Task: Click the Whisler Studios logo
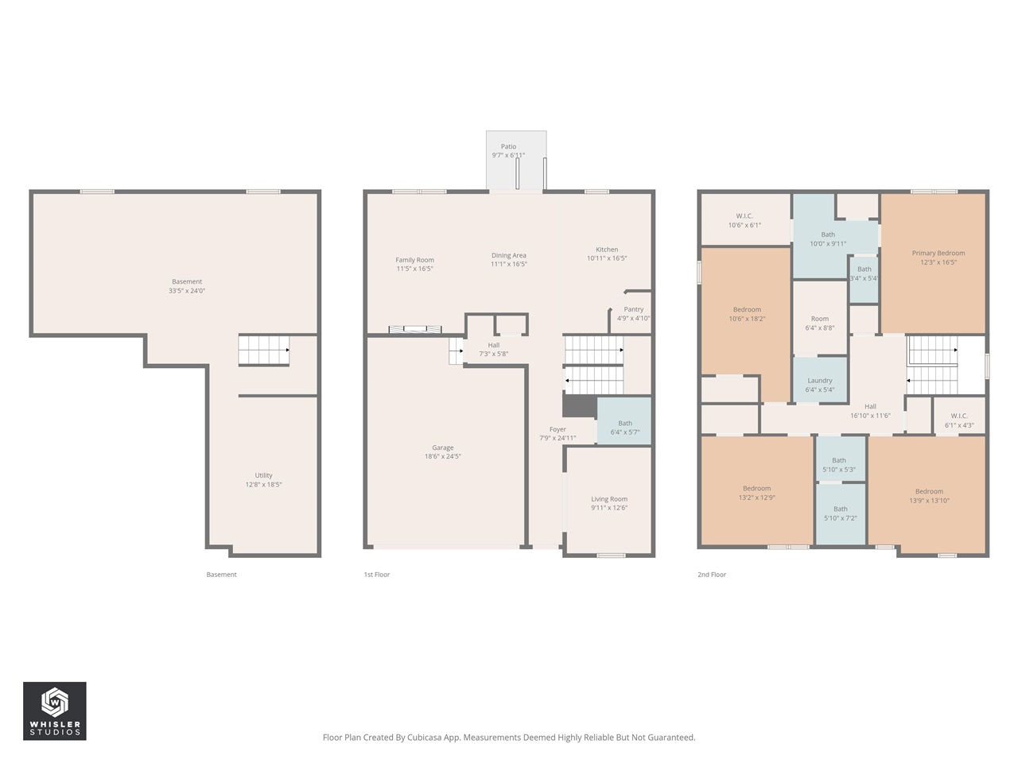coord(54,711)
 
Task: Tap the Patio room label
coord(508,147)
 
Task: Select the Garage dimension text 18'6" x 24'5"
coord(443,457)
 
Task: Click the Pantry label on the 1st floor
coord(634,310)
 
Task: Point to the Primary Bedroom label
coord(938,254)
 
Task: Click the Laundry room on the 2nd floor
coord(820,381)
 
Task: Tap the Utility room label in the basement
coord(263,475)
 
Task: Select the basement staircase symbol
coord(264,350)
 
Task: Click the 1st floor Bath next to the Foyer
coord(625,424)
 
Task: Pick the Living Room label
coord(609,499)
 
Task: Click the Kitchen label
coord(607,250)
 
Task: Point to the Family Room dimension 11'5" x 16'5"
coord(415,269)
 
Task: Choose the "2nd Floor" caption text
coord(712,575)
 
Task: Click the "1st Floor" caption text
coord(377,575)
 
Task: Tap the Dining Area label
coord(509,256)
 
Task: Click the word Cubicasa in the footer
coord(425,738)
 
